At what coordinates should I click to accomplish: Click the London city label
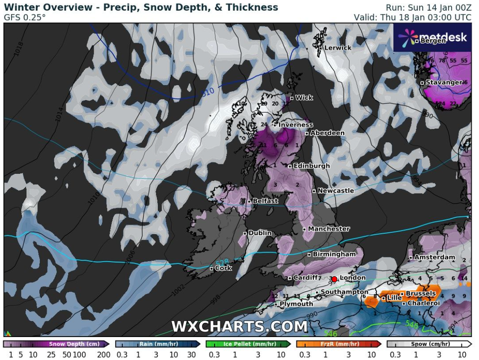coord(352,277)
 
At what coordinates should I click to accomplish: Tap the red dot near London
coord(334,279)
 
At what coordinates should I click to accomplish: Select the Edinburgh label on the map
coord(311,166)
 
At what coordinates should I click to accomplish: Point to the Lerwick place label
coord(338,47)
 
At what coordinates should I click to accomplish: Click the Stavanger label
coord(444,83)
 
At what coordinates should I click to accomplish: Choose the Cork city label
coord(223,268)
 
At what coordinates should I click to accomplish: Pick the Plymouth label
coord(296,304)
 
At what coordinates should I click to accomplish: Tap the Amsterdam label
coord(435,257)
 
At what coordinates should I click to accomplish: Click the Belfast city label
coord(265,201)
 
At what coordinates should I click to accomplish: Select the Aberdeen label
coord(327,133)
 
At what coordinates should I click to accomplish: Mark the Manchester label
coord(328,229)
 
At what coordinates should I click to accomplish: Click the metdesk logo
coord(432,38)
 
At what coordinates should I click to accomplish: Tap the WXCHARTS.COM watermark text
coord(239,326)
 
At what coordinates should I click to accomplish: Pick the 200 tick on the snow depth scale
coord(104,354)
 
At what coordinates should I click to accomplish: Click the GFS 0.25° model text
coord(25,17)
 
